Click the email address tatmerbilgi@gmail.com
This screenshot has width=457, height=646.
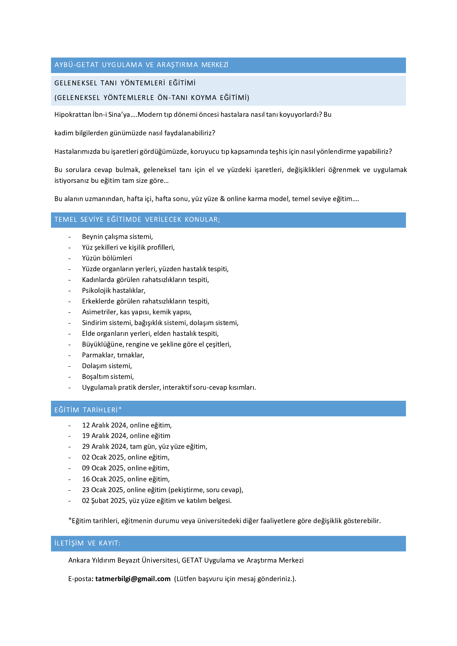133,579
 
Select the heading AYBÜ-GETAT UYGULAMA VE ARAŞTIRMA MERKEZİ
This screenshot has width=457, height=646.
141,65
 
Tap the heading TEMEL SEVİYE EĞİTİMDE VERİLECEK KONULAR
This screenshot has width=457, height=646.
137,220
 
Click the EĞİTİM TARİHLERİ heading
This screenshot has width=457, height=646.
88,410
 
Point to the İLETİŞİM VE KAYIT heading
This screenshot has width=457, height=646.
87,543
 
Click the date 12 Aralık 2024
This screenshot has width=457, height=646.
104,425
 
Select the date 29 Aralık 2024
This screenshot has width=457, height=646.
104,447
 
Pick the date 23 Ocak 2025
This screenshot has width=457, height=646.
103,490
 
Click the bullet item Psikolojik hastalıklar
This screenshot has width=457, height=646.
114,290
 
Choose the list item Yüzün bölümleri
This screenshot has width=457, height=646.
107,258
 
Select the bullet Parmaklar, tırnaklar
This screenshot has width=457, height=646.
113,355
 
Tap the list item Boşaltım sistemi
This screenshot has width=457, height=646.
108,376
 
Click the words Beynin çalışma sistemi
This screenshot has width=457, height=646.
117,237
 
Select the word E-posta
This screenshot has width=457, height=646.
80,579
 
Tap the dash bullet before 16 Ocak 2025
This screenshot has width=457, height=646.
70,479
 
